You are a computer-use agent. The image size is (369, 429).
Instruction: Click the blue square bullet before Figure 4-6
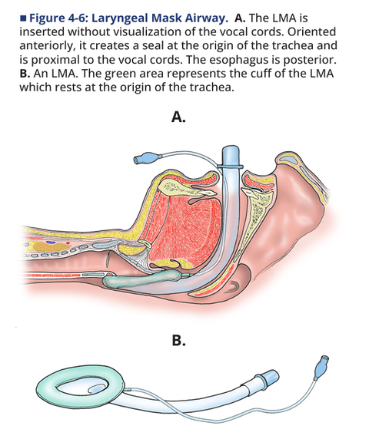(x=23, y=18)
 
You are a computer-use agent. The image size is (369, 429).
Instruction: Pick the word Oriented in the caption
(x=311, y=31)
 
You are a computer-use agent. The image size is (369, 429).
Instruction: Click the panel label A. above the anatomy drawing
(x=178, y=117)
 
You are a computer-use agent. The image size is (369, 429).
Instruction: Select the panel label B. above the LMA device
(x=178, y=341)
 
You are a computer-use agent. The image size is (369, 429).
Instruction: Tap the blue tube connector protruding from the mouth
(x=231, y=157)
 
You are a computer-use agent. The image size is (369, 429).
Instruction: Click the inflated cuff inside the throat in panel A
(x=141, y=279)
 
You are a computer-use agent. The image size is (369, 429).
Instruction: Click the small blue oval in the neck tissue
(x=50, y=243)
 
